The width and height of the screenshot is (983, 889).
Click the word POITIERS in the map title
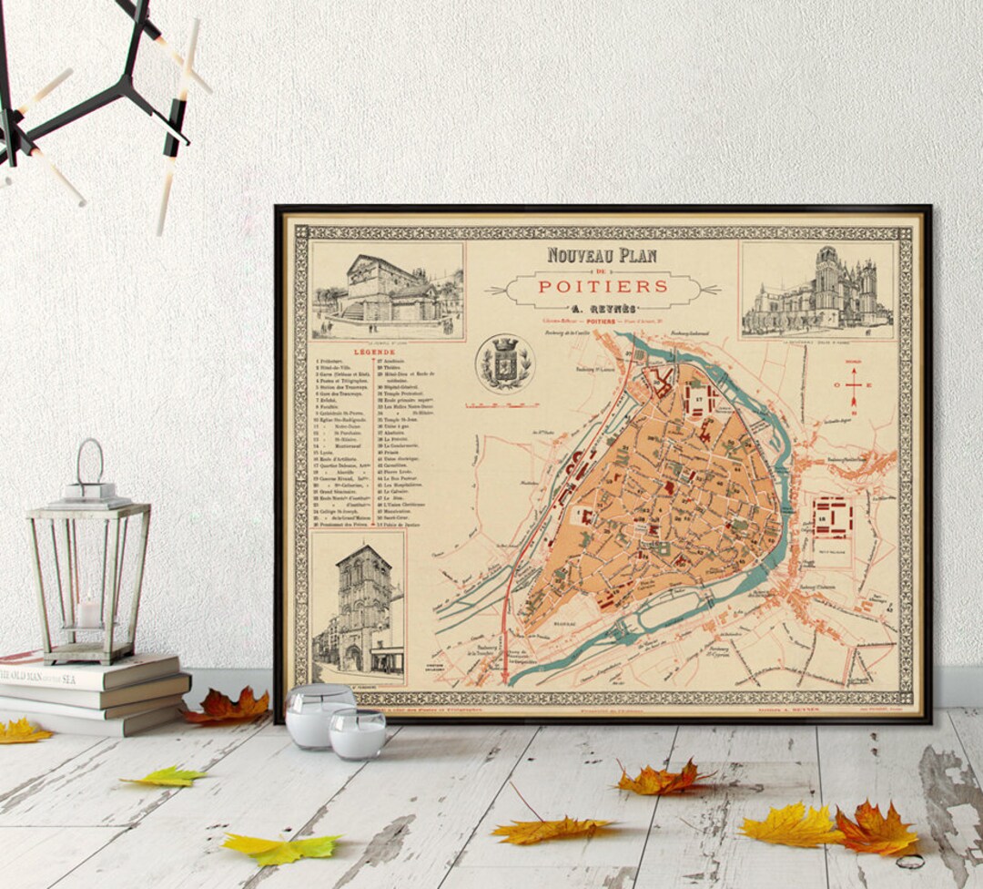pyautogui.click(x=603, y=286)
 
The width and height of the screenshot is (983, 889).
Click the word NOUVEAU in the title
pyautogui.click(x=577, y=255)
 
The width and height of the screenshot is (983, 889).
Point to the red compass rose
pyautogui.click(x=854, y=385)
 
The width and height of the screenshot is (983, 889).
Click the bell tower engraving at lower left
pyautogui.click(x=358, y=608)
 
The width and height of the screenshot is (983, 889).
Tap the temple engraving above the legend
pyautogui.click(x=388, y=291)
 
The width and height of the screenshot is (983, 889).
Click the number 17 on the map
pyautogui.click(x=698, y=398)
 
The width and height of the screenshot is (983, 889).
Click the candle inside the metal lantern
pyautogui.click(x=89, y=612)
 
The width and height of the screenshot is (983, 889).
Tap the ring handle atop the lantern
pyautogui.click(x=88, y=460)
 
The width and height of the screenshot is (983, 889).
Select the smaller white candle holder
pyautogui.click(x=358, y=735)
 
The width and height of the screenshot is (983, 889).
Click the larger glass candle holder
pyautogui.click(x=318, y=715)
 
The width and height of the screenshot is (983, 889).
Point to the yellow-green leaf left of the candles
pyautogui.click(x=166, y=777)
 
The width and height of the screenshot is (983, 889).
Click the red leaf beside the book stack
pyautogui.click(x=227, y=706)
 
